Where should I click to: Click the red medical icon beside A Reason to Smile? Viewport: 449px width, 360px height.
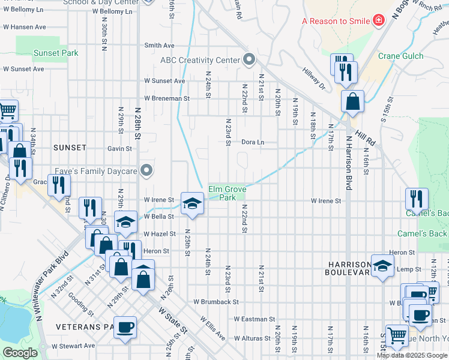(378, 21)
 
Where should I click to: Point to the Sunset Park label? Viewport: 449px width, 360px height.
(56, 53)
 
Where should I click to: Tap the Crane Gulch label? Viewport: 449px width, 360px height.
(400, 56)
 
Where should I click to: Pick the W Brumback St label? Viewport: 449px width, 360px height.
(216, 302)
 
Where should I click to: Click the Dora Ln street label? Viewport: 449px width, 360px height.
(253, 142)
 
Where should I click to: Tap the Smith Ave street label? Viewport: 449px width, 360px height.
(159, 46)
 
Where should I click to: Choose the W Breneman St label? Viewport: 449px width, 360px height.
(166, 98)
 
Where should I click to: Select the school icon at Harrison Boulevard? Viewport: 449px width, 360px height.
(382, 265)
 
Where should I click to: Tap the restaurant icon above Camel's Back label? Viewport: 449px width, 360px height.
(417, 198)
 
